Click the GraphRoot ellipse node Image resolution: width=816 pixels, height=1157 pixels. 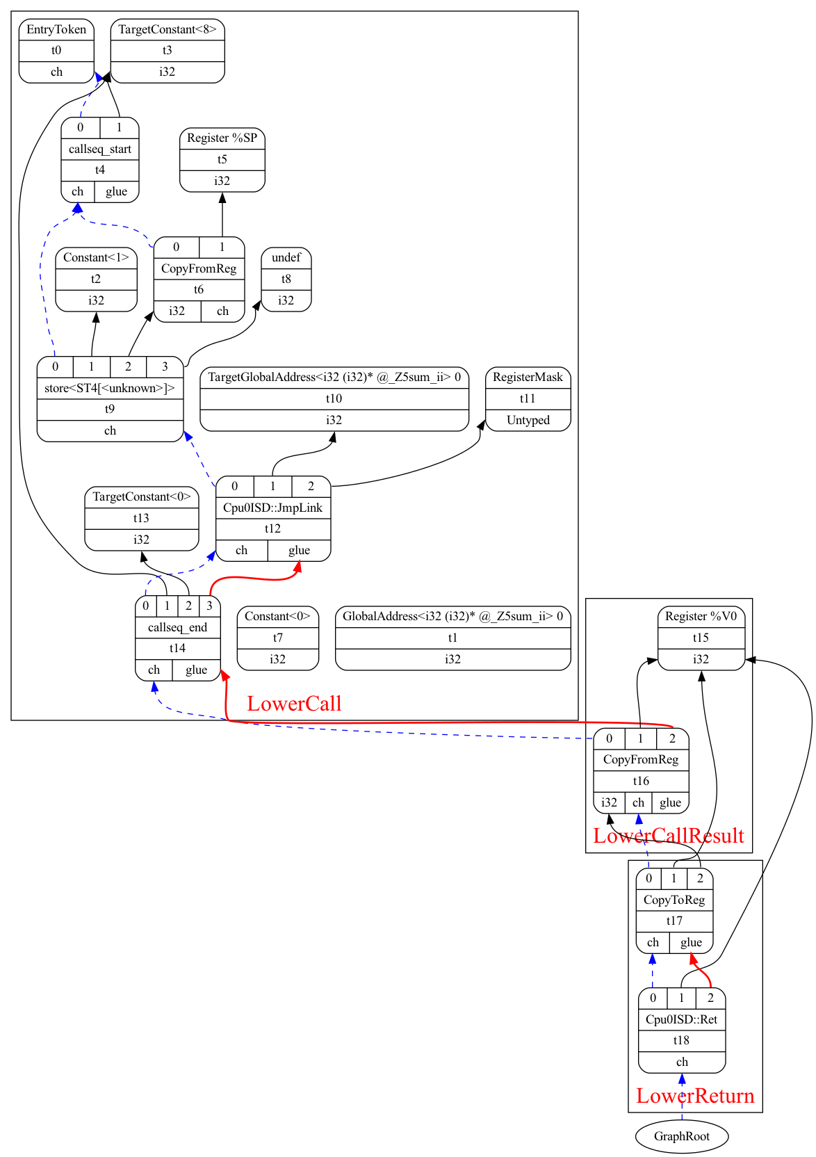681,1136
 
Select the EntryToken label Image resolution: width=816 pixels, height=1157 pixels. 56,29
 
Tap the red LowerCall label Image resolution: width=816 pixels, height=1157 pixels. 294,704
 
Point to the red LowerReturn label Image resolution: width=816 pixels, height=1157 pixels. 695,1096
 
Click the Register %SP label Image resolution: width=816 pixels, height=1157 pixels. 222,138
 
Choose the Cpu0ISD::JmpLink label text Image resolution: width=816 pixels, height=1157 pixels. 272,508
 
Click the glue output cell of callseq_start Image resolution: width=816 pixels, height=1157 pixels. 116,192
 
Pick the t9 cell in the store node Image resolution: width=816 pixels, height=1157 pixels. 110,410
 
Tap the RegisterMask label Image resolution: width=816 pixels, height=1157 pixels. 528,377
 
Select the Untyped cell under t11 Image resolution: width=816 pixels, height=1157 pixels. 528,420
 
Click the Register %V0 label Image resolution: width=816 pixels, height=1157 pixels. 701,616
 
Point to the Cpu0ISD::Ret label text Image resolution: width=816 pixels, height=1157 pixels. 681,1019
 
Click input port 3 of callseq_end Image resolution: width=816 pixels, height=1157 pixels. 209,606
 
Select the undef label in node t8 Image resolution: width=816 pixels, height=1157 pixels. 286,257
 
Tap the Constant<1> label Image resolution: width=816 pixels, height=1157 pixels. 96,257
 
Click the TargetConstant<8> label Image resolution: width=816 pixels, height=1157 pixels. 168,29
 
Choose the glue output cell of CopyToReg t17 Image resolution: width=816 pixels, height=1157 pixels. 691,943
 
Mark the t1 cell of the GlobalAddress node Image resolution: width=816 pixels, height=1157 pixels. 452,638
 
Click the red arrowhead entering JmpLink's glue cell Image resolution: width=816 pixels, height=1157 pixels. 297,567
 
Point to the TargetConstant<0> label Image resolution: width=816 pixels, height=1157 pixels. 141,496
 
